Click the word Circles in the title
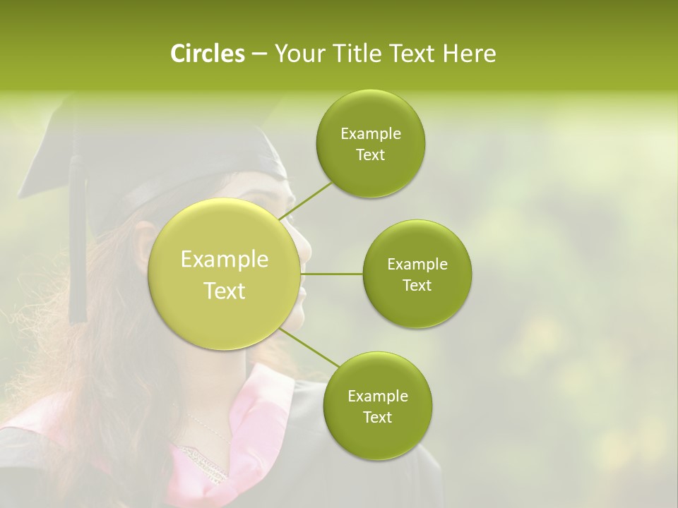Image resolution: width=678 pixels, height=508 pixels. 207,54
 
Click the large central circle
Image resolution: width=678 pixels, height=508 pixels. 224,274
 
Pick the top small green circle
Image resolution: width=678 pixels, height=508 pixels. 370,144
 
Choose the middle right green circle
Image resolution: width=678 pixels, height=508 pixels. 417,274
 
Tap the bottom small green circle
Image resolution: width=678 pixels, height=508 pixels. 377,406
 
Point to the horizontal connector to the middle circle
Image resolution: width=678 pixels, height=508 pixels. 331,274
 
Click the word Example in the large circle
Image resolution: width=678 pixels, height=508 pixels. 225,259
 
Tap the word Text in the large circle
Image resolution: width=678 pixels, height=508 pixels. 225,291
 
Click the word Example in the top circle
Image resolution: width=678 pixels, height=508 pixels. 371,133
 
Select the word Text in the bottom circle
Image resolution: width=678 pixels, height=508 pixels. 377,417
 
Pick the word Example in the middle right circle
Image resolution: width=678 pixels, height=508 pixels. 417,264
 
